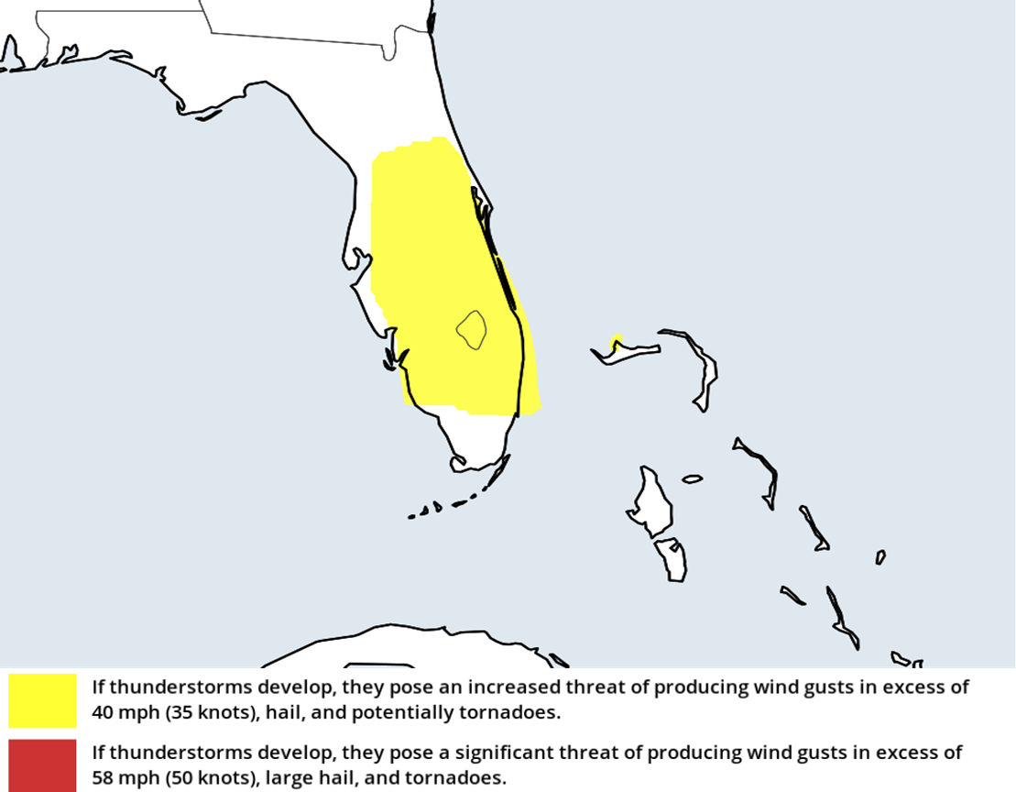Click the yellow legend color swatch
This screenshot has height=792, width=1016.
click(x=42, y=700)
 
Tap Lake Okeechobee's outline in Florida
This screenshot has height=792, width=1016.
click(x=472, y=329)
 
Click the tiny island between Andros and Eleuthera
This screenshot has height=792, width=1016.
click(x=692, y=478)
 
